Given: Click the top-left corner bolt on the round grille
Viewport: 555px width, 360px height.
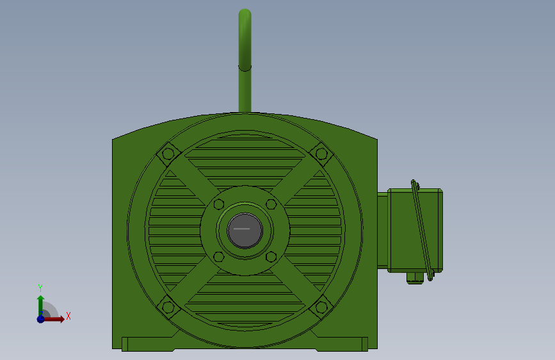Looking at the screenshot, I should click(x=168, y=154).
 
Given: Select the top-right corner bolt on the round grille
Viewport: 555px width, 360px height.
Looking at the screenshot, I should click(x=321, y=154).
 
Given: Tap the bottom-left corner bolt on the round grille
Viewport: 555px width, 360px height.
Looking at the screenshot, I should click(x=168, y=307).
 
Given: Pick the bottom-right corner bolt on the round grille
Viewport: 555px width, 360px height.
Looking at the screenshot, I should click(x=321, y=307).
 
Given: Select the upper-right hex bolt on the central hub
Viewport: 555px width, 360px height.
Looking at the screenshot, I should click(x=271, y=204).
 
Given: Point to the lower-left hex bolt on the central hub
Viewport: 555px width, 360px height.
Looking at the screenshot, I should click(x=219, y=256).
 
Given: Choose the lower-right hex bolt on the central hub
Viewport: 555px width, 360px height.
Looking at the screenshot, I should click(x=271, y=256).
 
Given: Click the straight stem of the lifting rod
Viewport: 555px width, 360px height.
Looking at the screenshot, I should click(x=245, y=90).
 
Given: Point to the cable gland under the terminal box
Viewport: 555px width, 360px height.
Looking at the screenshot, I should click(x=415, y=277).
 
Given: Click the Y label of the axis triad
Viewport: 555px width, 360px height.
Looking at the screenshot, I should click(x=40, y=288).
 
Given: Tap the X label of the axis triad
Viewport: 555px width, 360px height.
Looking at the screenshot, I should click(x=68, y=316).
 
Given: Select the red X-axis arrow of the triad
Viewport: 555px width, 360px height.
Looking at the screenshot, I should click(x=56, y=318).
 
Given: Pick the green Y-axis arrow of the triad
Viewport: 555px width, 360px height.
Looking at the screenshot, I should click(x=40, y=304).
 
